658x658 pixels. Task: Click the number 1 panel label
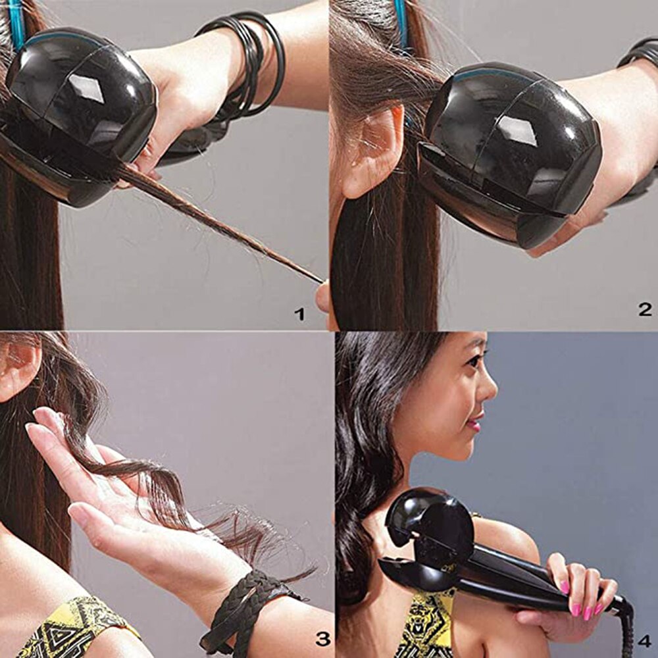[x=300, y=314]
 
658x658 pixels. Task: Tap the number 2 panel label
[x=645, y=309]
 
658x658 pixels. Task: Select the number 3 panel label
[x=322, y=638]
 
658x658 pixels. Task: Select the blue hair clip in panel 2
[x=401, y=26]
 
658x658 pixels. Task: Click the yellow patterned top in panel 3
[x=72, y=628]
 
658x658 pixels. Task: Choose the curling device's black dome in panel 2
[x=513, y=145]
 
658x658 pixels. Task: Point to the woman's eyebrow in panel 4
[x=472, y=349]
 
